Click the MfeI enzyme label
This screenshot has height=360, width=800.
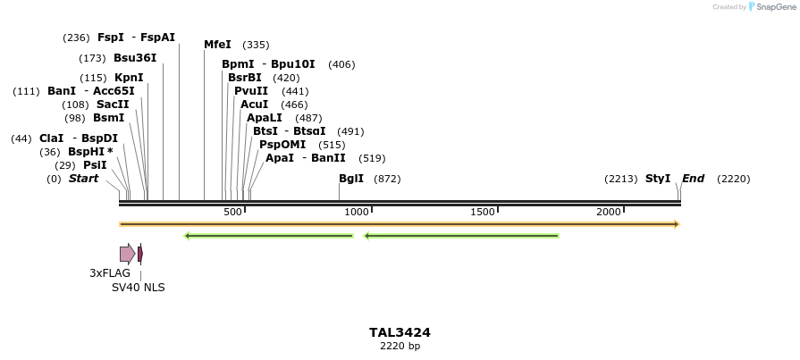click(x=217, y=45)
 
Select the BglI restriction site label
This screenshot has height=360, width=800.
click(x=351, y=179)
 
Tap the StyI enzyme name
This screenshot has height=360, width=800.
click(x=658, y=179)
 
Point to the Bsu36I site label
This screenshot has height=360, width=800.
click(x=135, y=58)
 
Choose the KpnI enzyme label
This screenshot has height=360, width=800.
click(x=129, y=78)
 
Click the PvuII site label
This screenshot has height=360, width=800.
click(x=251, y=91)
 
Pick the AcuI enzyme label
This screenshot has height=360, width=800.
click(x=254, y=105)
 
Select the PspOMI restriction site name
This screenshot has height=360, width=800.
click(x=282, y=145)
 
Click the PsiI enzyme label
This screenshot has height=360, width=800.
click(x=95, y=165)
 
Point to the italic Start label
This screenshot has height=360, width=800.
click(x=83, y=179)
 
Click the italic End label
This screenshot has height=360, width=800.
click(x=693, y=179)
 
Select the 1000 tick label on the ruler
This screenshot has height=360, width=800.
click(x=357, y=212)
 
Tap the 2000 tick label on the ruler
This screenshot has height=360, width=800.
click(x=609, y=212)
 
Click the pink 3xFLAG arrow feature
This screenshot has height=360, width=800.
click(x=127, y=254)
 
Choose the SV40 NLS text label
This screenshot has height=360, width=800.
click(x=138, y=288)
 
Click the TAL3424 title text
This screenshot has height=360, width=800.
click(x=400, y=332)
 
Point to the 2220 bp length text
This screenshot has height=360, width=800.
click(x=400, y=346)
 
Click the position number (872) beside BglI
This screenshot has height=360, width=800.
click(x=387, y=179)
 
